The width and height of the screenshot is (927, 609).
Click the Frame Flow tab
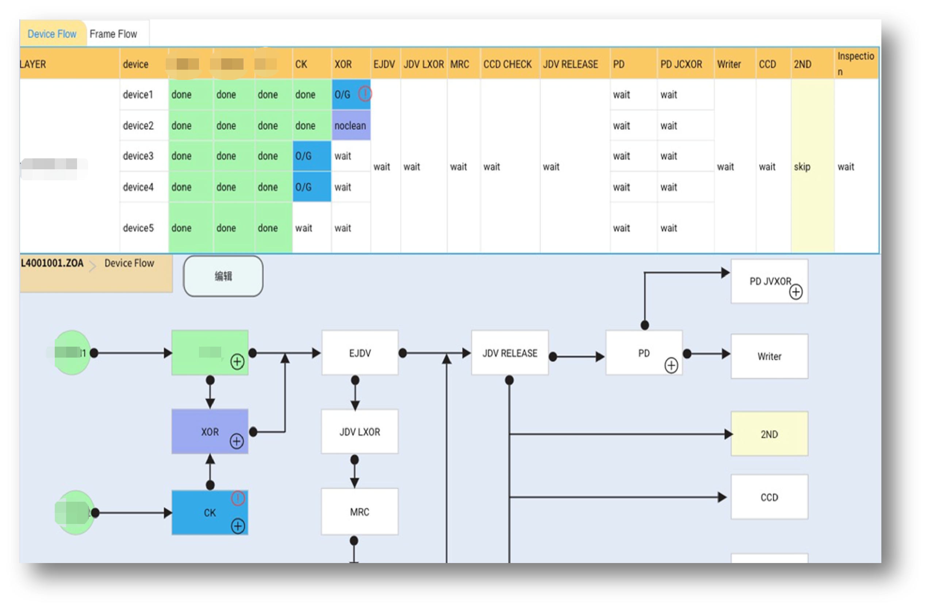tap(113, 34)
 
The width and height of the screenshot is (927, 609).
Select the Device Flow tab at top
tap(52, 34)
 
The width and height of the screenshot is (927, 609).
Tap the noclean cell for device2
tap(351, 126)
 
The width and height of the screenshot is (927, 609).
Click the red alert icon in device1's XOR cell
tap(365, 93)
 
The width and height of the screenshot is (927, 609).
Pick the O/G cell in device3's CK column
tap(311, 156)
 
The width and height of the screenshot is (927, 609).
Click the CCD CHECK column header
tap(507, 64)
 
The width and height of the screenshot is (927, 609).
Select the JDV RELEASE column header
tap(570, 64)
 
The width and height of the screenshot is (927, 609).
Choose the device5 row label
tap(138, 228)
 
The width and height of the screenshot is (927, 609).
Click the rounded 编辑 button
tap(223, 276)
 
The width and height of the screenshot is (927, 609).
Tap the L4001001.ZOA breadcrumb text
tap(52, 263)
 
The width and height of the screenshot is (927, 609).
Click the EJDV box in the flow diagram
tap(360, 353)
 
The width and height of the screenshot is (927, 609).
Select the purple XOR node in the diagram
tap(210, 431)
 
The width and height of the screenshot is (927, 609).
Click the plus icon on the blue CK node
tap(238, 526)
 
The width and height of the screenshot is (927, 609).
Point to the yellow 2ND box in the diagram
tap(769, 434)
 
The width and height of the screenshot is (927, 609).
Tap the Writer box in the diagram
tap(769, 356)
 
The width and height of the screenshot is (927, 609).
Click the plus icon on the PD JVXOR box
tap(796, 292)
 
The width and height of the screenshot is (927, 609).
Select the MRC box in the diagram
tap(360, 512)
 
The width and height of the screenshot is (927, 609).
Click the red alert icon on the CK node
tap(238, 498)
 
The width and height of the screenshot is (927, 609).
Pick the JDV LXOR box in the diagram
tap(360, 431)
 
